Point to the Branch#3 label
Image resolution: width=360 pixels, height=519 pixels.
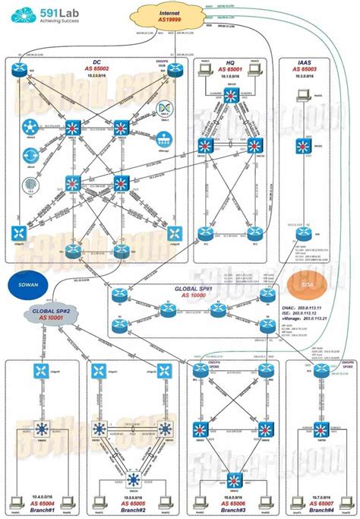(229, 509)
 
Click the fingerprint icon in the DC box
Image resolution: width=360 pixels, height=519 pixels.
(31, 183)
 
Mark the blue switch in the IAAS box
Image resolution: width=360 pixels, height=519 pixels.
(302, 147)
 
